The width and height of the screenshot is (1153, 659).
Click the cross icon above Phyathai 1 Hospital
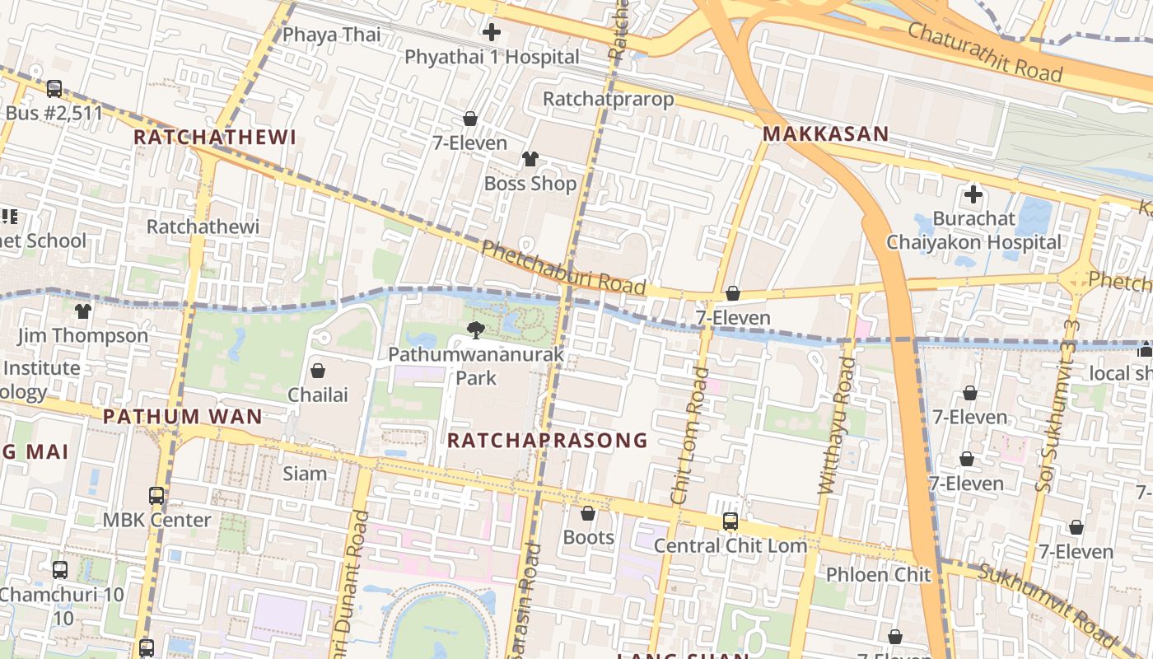click(x=492, y=33)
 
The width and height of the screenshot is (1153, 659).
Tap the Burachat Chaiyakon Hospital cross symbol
click(x=973, y=195)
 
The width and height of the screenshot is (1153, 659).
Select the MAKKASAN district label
click(x=825, y=133)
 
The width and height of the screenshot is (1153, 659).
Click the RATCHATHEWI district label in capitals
click(x=214, y=137)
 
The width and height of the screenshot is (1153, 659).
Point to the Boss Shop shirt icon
click(x=530, y=158)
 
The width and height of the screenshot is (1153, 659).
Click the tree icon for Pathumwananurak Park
click(x=475, y=330)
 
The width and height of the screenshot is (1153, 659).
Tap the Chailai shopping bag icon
click(x=318, y=371)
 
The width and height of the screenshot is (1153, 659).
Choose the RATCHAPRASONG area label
click(x=547, y=440)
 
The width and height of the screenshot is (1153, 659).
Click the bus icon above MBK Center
click(x=156, y=496)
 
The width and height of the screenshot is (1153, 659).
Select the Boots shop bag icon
click(x=588, y=514)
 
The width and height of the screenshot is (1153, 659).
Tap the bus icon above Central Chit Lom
click(x=730, y=521)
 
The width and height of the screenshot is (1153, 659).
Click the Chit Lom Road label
click(x=689, y=436)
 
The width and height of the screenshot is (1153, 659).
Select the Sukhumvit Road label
click(x=1044, y=605)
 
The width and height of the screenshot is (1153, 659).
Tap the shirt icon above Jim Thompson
click(x=83, y=311)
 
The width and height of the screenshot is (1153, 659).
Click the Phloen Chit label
click(x=878, y=574)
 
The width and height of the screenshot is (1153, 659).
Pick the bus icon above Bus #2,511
click(x=54, y=88)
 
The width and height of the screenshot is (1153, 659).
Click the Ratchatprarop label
click(x=608, y=99)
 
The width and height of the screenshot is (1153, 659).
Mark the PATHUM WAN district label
click(x=182, y=416)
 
